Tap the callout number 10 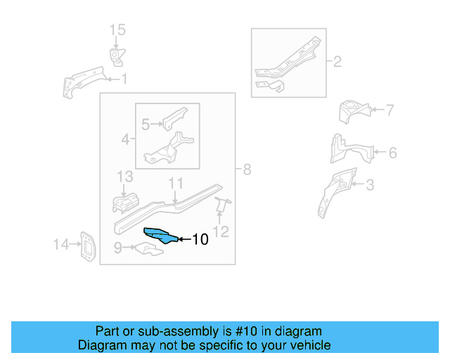(x=200, y=240)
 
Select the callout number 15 (x=117, y=30)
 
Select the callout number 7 (x=390, y=110)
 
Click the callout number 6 (x=392, y=152)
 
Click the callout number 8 (x=246, y=169)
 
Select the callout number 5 (x=146, y=125)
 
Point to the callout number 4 (x=125, y=140)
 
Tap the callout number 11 (x=175, y=184)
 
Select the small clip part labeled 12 (x=221, y=205)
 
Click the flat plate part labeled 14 (x=87, y=246)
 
